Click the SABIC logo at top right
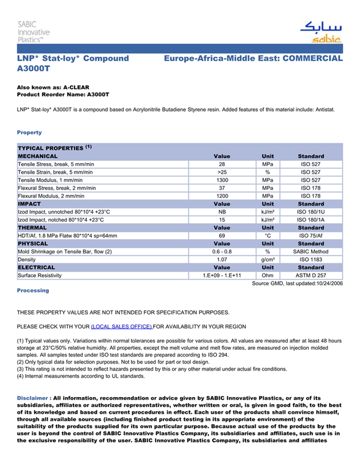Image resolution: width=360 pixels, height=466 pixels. [x=320, y=32]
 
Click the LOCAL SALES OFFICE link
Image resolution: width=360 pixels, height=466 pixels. [x=121, y=327]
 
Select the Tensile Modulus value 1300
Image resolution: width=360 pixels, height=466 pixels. [x=222, y=180]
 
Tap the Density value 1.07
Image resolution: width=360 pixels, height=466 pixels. [x=222, y=260]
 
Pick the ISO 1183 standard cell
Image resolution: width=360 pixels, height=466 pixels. [x=311, y=260]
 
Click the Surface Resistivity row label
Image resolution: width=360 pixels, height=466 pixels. [x=40, y=276]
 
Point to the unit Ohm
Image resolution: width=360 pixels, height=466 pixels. [x=267, y=276]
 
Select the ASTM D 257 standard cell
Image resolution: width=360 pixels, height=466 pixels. [x=311, y=276]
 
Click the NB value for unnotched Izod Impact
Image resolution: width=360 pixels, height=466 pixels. [x=222, y=212]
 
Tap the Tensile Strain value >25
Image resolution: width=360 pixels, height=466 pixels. [x=222, y=172]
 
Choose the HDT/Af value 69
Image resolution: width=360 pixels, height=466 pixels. [x=222, y=236]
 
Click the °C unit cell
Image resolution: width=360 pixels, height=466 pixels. [x=267, y=236]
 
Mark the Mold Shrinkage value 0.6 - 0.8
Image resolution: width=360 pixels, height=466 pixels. [x=222, y=252]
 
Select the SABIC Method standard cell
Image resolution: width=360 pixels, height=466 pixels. [x=311, y=252]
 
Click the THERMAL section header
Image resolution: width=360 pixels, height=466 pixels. [x=32, y=228]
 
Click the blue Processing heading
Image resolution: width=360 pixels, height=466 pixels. [x=33, y=291]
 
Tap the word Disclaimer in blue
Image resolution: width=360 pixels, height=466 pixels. [x=33, y=398]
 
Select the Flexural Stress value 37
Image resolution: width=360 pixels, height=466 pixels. [x=222, y=188]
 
